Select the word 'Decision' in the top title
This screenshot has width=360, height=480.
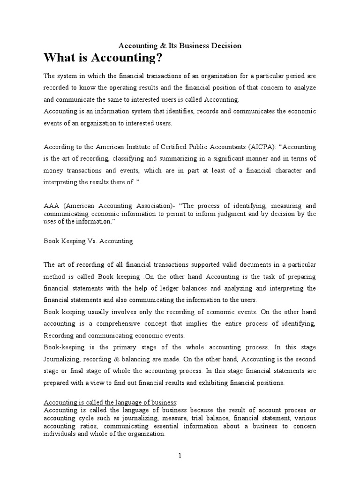(x=227, y=45)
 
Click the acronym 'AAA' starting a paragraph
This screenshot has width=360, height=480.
(x=52, y=206)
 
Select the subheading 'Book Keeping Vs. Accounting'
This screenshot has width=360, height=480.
(x=88, y=241)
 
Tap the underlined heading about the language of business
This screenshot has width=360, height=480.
(x=111, y=402)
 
